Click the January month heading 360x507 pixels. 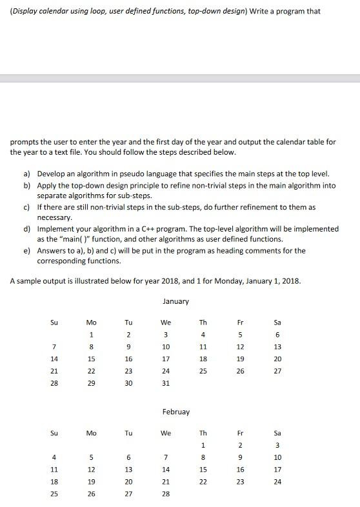point(175,301)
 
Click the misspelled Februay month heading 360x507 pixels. point(175,411)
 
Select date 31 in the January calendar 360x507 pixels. point(166,383)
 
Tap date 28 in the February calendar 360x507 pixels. point(166,492)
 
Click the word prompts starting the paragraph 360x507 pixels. point(23,141)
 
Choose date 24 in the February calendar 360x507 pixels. point(278,481)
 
